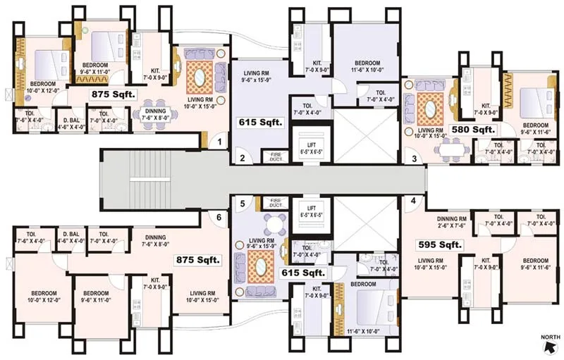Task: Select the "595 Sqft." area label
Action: pyautogui.click(x=439, y=244)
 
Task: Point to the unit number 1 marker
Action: pyautogui.click(x=220, y=142)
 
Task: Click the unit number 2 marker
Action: pyautogui.click(x=242, y=158)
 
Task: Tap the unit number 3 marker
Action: pyautogui.click(x=415, y=159)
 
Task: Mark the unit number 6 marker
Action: pyautogui.click(x=219, y=218)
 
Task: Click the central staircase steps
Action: pyautogui.click(x=142, y=180)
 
